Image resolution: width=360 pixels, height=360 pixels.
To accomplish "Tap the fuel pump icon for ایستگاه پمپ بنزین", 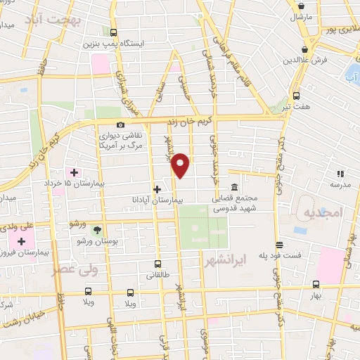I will coord(114,32).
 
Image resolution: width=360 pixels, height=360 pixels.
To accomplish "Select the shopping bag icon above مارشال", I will coord(300,4).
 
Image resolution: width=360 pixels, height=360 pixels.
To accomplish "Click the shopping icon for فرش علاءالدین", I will coord(304,49).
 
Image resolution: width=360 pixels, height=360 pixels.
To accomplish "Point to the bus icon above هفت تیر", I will coord(296,96).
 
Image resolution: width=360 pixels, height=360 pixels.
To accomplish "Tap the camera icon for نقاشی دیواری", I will coord(120,124).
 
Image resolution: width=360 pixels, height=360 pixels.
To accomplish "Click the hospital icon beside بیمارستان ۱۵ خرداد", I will coord(73,172).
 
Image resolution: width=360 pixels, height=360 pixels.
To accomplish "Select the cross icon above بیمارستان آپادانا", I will coord(157,188).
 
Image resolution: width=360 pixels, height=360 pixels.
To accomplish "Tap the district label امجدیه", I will coord(319,212).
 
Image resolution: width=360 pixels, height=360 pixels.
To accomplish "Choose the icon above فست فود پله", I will coord(280,245).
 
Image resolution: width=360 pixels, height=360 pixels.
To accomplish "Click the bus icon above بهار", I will coord(316,285).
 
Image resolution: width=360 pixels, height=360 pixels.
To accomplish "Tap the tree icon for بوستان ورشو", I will coord(97,229).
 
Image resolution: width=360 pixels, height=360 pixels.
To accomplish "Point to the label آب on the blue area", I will coord(350,76).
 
